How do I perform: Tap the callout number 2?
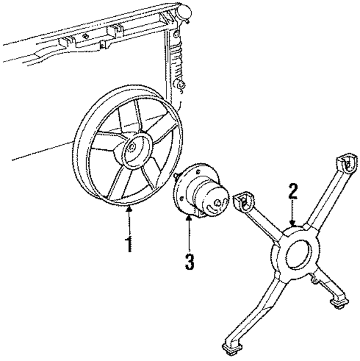292,192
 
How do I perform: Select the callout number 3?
190,262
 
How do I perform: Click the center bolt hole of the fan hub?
131,148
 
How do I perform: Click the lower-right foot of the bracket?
340,305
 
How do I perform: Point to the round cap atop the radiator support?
183,10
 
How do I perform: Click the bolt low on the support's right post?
181,84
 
